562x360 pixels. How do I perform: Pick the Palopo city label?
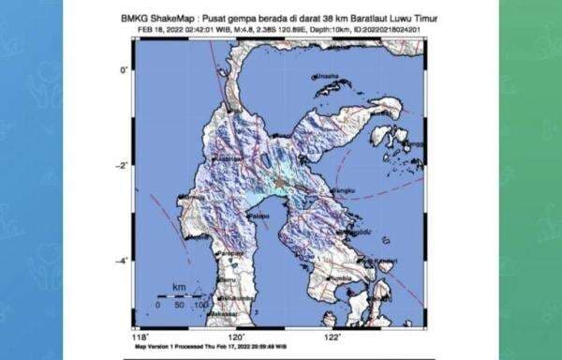coord(255,215)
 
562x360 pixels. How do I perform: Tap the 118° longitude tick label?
coord(140,337)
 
